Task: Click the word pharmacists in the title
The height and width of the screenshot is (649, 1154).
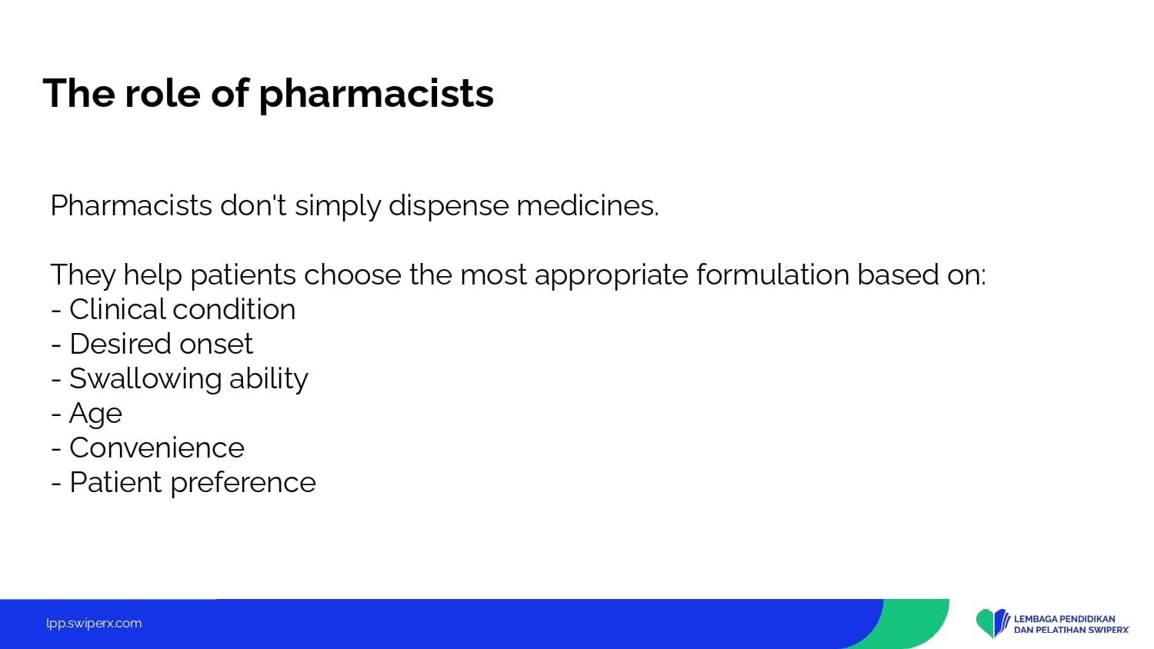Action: point(376,95)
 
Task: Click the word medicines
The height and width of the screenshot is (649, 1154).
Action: point(588,205)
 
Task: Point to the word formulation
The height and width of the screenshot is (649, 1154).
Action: point(772,274)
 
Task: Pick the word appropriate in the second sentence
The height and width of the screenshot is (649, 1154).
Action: point(612,275)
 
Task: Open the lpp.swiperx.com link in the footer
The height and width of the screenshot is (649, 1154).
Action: point(94,624)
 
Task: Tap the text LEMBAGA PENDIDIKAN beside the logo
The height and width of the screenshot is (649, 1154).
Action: point(1064,618)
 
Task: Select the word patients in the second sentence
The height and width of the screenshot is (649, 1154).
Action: point(243,275)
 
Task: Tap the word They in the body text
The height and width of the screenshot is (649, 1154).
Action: point(83,275)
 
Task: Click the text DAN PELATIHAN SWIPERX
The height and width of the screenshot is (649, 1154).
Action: point(1072,630)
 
